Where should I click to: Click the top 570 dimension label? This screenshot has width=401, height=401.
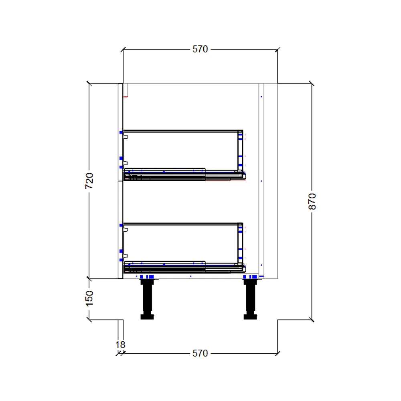coord(200,49)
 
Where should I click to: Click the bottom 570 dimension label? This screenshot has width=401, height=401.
coord(200,353)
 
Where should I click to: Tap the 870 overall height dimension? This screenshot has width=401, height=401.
coord(312,201)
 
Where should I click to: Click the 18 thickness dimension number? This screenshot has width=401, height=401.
coord(120,344)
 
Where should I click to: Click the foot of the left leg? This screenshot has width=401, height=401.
coord(147,317)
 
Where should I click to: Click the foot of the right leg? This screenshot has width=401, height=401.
coord(250,317)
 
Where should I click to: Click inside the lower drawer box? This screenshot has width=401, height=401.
coord(180,242)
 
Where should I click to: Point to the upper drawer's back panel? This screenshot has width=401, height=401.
coord(240,150)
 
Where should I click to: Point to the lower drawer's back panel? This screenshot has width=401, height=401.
coord(240,243)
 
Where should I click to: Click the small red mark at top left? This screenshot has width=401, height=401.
coord(126,97)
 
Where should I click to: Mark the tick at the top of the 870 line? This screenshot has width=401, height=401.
coord(312,83)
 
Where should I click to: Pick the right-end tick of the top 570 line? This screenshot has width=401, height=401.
coord(277,49)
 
